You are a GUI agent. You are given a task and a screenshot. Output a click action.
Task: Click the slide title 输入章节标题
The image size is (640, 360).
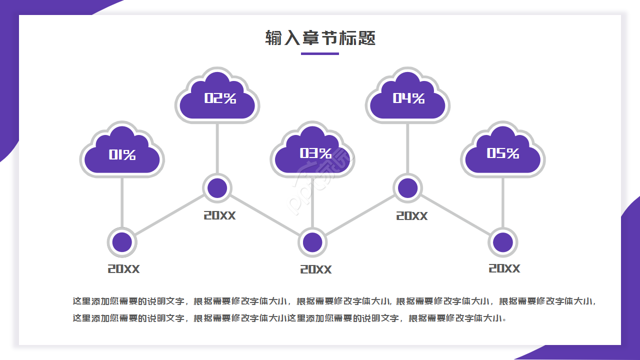[320, 38]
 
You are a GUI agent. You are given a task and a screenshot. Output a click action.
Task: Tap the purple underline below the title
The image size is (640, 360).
[320, 53]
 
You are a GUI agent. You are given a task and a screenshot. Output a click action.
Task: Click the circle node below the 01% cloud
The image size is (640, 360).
[122, 242]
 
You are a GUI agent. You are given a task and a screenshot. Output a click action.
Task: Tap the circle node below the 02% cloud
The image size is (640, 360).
[217, 188]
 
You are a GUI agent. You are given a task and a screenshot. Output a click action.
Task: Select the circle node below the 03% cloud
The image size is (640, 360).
[312, 242]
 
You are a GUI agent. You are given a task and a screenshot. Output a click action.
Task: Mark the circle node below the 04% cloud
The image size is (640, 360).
[408, 188]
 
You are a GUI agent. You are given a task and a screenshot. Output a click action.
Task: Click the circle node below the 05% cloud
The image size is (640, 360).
[503, 242]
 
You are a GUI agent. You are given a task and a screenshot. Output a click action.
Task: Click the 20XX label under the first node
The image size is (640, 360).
[123, 269]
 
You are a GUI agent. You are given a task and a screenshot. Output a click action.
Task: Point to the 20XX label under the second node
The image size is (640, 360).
[219, 215]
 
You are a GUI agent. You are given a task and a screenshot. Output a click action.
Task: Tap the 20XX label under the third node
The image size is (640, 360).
[315, 269]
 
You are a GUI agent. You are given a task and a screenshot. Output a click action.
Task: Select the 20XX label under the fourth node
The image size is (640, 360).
[412, 216]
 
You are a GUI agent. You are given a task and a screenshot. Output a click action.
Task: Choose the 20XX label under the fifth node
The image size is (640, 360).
[504, 268]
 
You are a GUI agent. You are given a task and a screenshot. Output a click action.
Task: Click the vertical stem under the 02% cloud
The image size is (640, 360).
[217, 147]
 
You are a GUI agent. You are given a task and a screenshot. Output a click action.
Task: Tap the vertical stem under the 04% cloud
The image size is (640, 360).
[408, 147]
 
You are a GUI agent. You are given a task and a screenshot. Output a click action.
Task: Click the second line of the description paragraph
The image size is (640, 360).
[290, 318]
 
